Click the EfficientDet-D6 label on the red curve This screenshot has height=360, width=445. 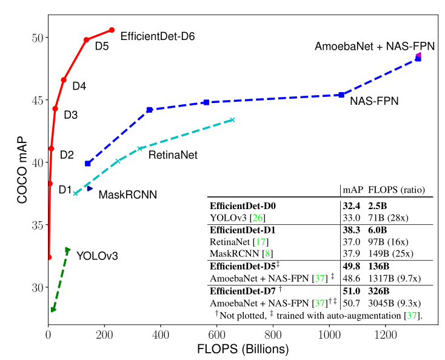(158, 36)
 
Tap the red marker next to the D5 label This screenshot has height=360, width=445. (87, 39)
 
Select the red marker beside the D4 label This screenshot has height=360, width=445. (64, 79)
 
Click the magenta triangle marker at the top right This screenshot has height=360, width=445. (418, 56)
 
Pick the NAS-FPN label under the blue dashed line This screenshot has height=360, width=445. (374, 101)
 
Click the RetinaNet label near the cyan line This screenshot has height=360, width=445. (173, 155)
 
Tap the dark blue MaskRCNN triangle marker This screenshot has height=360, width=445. (89, 188)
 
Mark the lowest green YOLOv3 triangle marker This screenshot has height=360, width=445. (53, 310)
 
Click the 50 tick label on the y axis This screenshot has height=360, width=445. (37, 38)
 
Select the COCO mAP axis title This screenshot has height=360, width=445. (22, 161)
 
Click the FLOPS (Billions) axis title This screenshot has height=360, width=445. (242, 350)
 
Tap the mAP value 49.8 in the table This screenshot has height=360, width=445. (352, 265)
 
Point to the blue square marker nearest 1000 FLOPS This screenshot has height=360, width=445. (341, 95)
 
